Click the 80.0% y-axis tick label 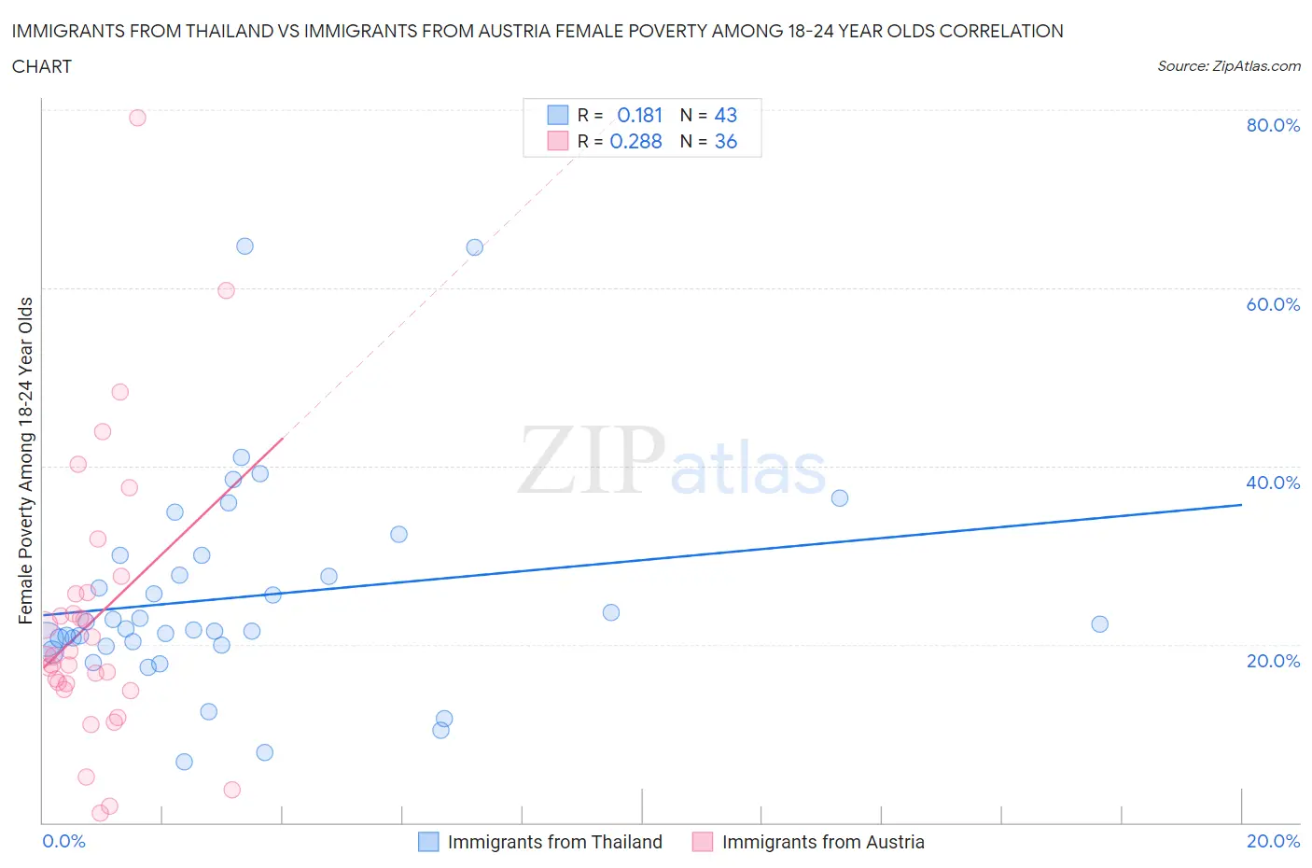1272,125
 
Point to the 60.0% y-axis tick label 1272,304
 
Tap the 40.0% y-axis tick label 1272,483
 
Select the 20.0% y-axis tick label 1272,661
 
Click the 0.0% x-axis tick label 63,841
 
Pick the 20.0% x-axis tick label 1273,841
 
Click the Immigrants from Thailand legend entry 553,842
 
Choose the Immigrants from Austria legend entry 822,842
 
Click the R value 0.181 639,115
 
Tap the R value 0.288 635,141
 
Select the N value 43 725,115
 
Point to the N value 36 725,141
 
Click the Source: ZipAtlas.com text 1228,66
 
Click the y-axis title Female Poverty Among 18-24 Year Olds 26,460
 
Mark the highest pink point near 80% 137,118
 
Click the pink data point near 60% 226,290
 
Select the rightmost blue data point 1099,624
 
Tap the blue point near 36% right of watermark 840,498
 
